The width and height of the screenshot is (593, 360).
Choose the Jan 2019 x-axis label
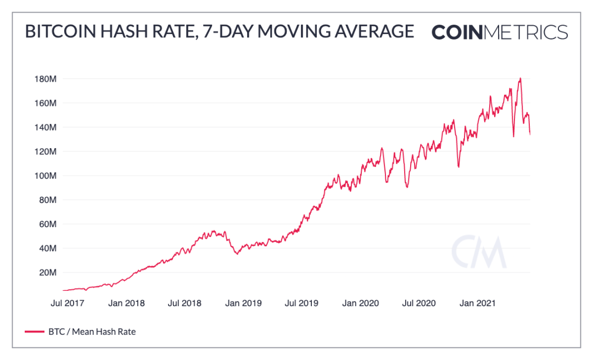(x=244, y=303)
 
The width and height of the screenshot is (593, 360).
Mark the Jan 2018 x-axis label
(x=126, y=303)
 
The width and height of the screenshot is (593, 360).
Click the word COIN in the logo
(x=457, y=32)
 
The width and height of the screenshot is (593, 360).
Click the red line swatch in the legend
(x=34, y=331)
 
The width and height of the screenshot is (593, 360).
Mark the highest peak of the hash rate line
(x=520, y=78)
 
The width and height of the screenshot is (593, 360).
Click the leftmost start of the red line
(x=63, y=290)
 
